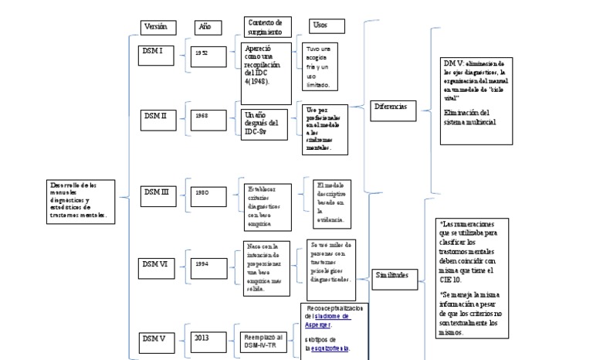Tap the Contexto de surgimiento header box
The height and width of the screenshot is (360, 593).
pyautogui.click(x=267, y=27)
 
